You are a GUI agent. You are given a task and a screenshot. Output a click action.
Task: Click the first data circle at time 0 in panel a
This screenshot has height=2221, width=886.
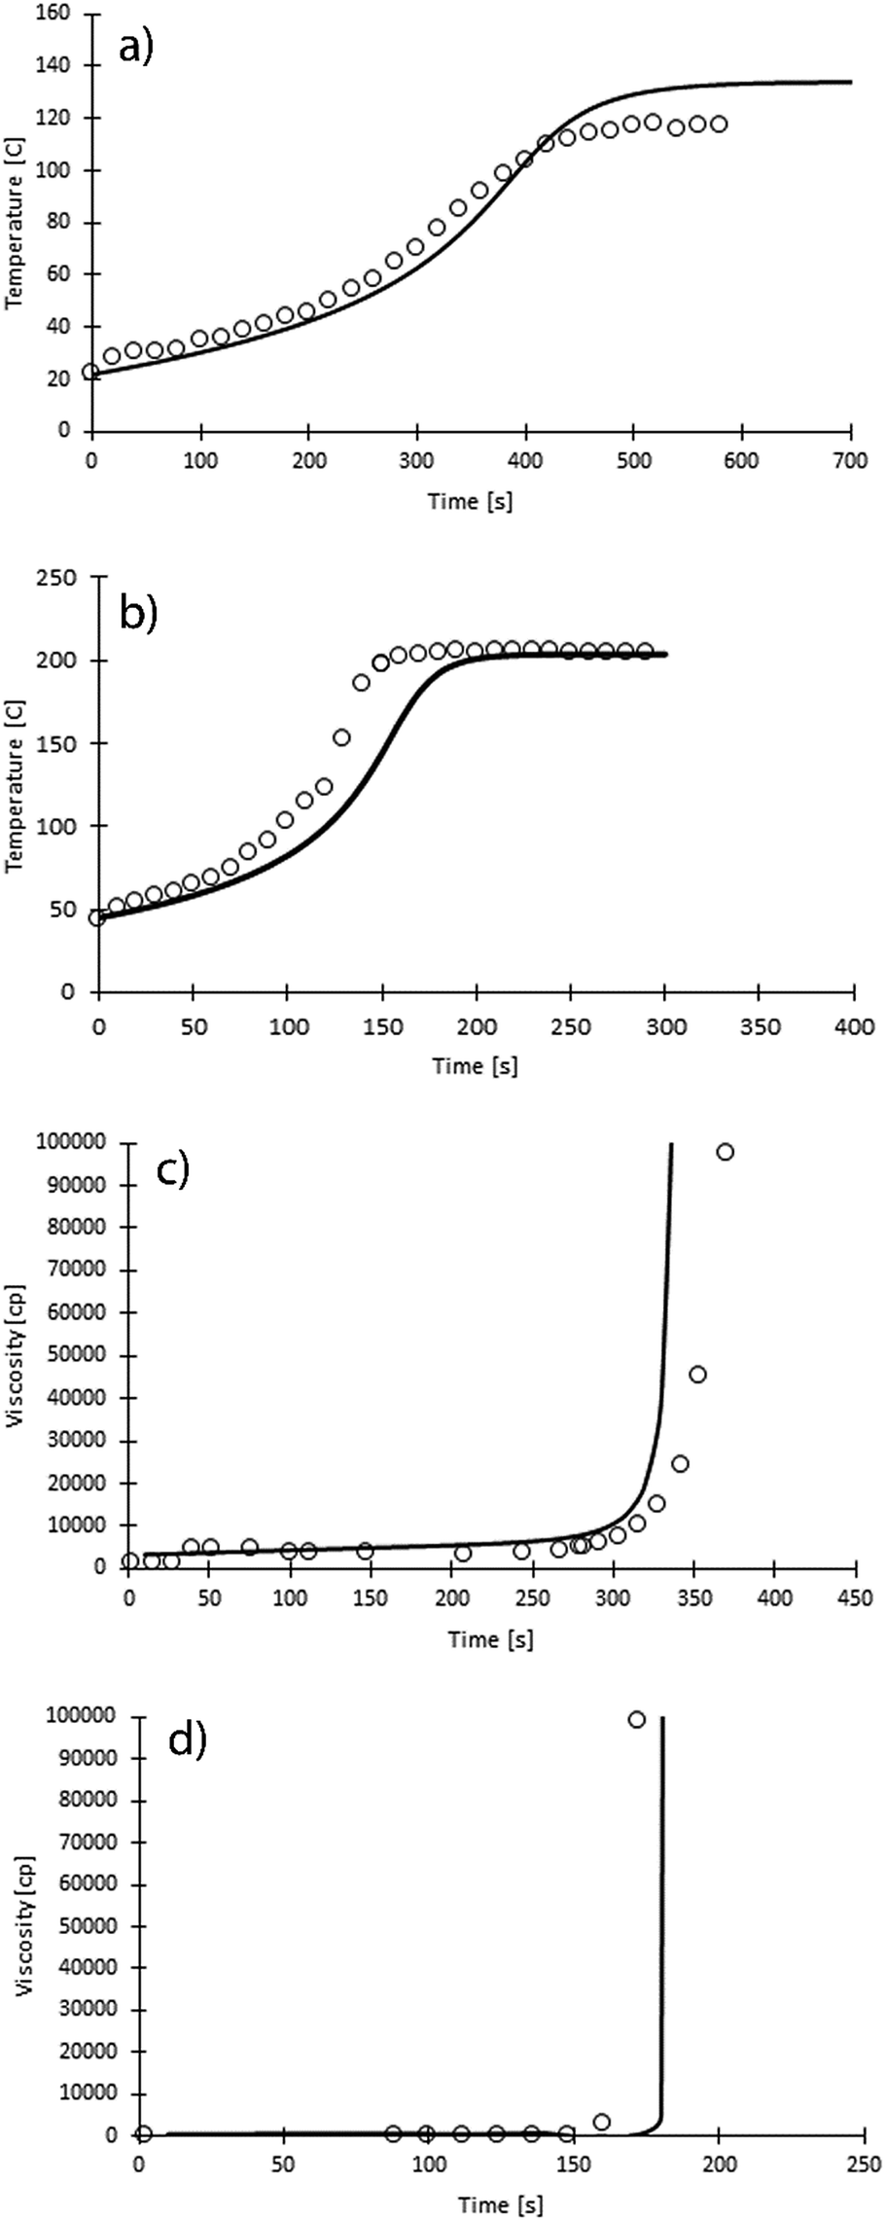(x=91, y=372)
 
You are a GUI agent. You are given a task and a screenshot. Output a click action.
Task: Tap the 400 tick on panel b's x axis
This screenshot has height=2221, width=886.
(x=854, y=1025)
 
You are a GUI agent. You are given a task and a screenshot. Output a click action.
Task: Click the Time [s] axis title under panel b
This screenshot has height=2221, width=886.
(x=475, y=1065)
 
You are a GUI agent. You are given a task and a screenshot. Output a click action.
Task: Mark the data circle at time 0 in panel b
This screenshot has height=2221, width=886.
(x=97, y=917)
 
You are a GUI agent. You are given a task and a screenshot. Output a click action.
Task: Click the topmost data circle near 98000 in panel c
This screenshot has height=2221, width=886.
(x=725, y=1152)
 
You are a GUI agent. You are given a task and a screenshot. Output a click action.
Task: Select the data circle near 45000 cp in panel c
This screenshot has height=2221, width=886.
(x=697, y=1375)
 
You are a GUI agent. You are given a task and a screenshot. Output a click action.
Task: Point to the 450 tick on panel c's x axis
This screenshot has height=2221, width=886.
(x=855, y=1597)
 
